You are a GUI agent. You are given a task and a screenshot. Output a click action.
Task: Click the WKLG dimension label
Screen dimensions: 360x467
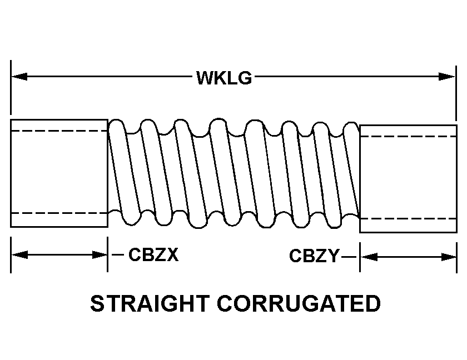[x=224, y=77]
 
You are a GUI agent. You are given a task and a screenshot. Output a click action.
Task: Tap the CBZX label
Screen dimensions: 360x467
[x=153, y=255]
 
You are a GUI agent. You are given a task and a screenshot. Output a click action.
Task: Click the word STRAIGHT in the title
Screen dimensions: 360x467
[x=148, y=304]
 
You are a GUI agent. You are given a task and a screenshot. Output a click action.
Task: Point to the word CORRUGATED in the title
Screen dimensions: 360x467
[x=299, y=304]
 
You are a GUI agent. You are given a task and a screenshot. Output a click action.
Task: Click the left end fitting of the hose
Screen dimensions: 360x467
[x=59, y=173]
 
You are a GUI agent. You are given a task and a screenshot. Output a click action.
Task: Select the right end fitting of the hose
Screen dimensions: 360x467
[x=408, y=178]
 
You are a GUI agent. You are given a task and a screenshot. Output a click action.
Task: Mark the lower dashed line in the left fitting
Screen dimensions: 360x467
[x=59, y=213]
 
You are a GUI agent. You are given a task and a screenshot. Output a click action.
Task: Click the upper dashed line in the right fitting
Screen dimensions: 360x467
[x=408, y=136]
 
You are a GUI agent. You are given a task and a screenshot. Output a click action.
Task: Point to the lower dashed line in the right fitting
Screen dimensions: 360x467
[x=408, y=219]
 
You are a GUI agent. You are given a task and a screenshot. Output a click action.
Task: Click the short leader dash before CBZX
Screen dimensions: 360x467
[x=117, y=255]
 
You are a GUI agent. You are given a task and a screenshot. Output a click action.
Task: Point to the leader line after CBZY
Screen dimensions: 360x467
[x=349, y=257]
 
